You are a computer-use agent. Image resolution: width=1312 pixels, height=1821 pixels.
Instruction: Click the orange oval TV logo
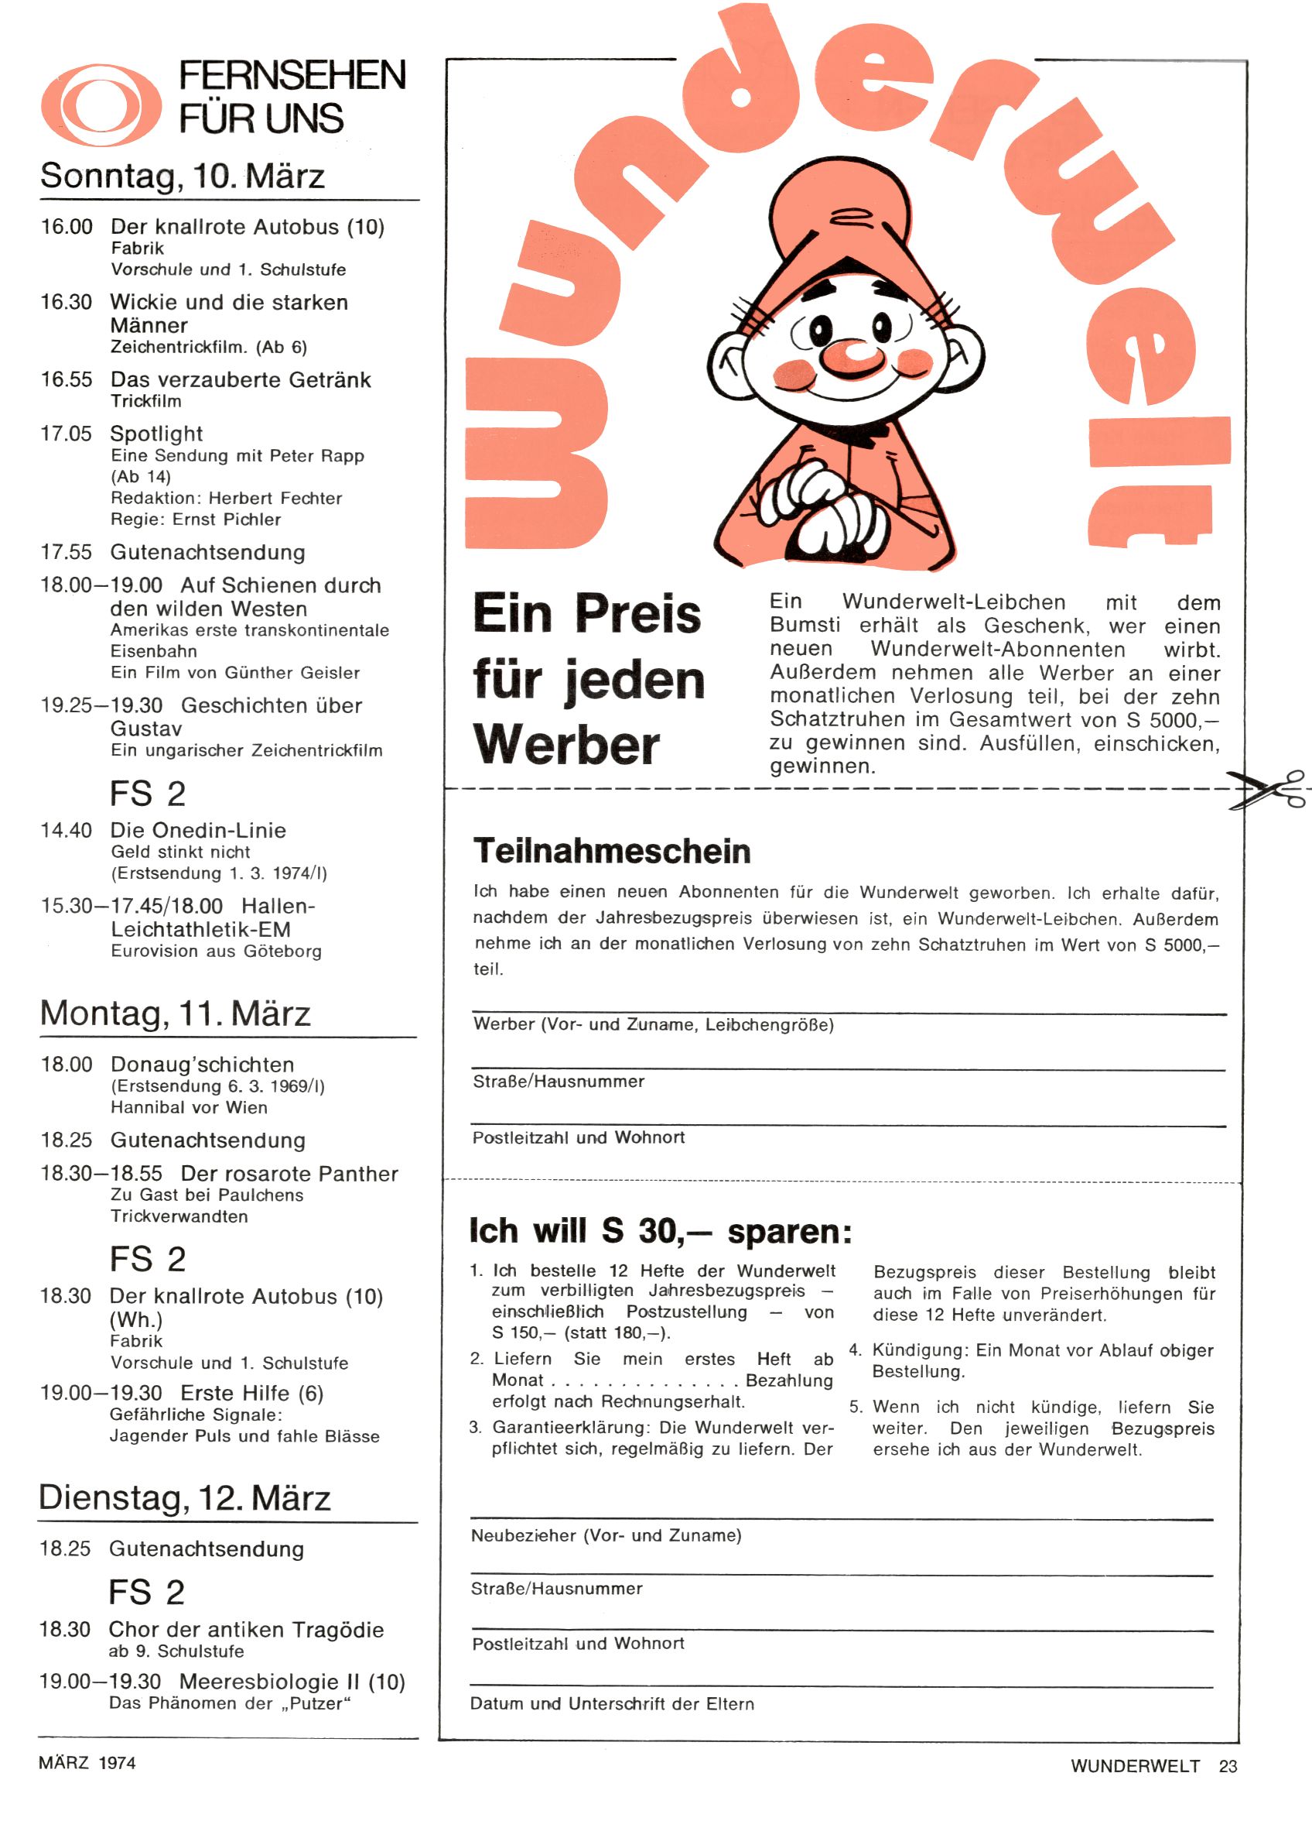coord(101,105)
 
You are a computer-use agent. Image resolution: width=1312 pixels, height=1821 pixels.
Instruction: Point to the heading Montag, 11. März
coord(175,1013)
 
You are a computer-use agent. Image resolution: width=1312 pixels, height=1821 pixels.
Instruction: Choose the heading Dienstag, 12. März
coord(185,1498)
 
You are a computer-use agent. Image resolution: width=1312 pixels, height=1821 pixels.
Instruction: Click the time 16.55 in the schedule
coord(67,380)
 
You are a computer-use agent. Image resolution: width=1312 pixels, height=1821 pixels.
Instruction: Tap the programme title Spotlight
coord(156,434)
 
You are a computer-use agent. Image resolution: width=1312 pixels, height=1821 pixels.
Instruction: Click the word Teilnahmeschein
coord(611,851)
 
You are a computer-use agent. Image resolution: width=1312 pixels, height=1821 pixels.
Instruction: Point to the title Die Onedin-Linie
coord(198,830)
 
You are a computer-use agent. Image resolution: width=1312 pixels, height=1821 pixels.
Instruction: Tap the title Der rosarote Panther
coord(289,1174)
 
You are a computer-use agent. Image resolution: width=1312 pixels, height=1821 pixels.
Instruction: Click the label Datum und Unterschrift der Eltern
coord(611,1704)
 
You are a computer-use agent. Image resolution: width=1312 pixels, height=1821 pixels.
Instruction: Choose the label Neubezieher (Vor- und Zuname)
coord(606,1535)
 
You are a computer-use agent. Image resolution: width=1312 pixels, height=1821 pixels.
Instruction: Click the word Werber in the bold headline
coord(566,744)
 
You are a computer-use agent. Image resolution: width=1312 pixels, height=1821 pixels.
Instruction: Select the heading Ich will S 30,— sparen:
coord(661,1231)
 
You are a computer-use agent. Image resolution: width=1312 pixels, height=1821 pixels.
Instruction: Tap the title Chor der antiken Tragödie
coord(246,1629)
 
